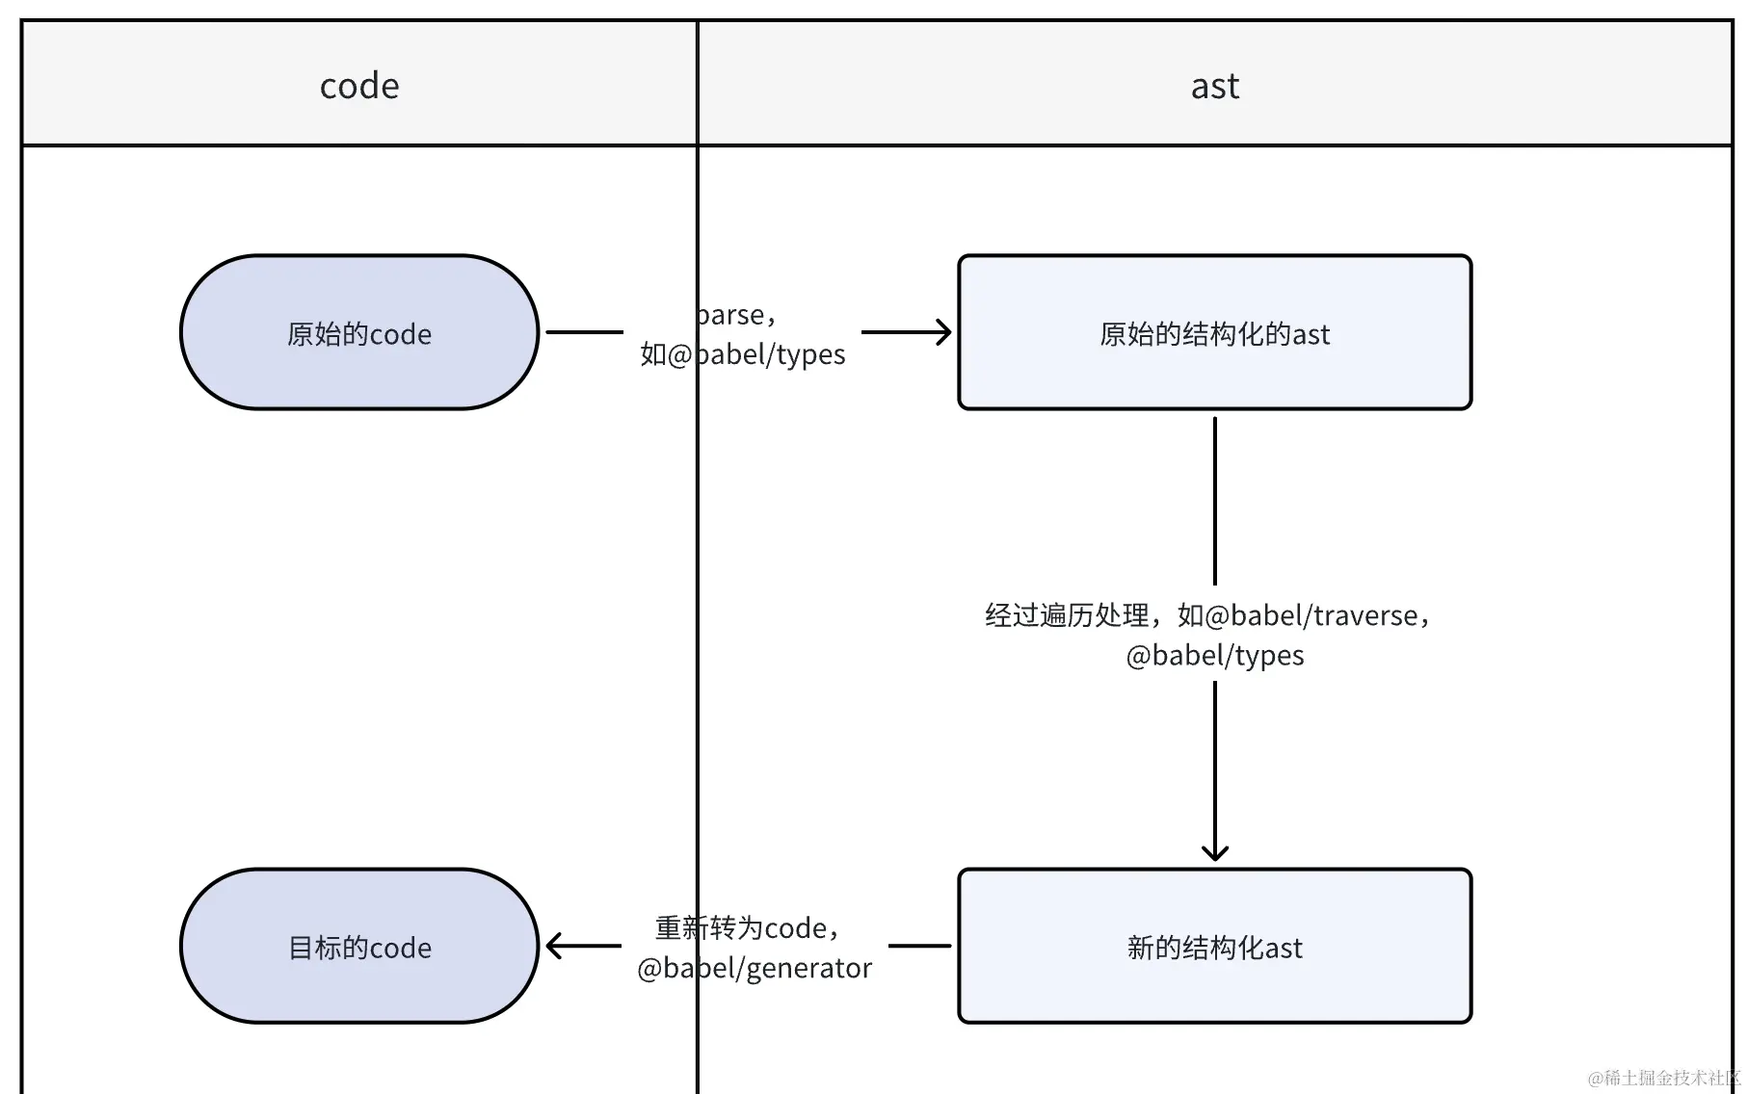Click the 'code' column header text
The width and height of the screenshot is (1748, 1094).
[359, 87]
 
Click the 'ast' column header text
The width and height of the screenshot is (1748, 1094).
[1214, 87]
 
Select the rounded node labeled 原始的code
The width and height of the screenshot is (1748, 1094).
[359, 333]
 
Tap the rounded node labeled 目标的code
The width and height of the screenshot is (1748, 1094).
[359, 947]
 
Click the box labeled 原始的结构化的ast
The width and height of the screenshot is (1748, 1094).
[1214, 333]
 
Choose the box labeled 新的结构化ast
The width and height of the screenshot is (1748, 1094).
[1214, 947]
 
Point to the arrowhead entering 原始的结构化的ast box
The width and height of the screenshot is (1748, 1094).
[944, 332]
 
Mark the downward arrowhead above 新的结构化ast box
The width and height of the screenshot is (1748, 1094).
[1214, 851]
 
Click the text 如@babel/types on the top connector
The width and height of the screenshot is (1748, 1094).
[742, 354]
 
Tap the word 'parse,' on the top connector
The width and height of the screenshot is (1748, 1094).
[736, 315]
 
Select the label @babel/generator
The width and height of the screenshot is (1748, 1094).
[755, 968]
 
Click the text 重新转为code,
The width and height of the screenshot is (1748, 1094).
[748, 927]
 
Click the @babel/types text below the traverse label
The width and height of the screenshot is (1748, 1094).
[1214, 656]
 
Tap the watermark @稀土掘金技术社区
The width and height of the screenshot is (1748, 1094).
[1665, 1078]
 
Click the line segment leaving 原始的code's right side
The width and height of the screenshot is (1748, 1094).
[584, 332]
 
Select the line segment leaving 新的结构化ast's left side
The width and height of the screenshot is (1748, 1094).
[918, 946]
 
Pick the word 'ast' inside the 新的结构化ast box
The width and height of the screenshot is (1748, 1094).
[1284, 948]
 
